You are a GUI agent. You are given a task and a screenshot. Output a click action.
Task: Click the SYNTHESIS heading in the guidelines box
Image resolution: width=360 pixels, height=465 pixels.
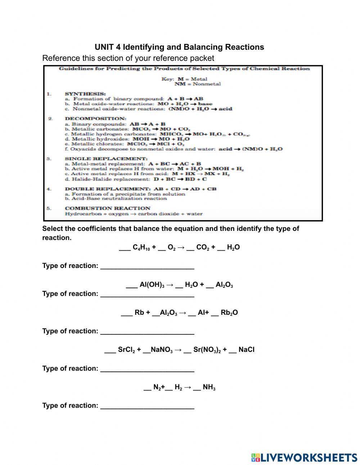(85, 94)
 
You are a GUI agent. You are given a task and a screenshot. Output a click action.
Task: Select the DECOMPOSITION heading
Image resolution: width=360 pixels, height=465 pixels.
(95, 119)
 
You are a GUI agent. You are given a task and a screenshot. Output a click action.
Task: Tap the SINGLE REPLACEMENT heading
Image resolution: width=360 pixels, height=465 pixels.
(106, 158)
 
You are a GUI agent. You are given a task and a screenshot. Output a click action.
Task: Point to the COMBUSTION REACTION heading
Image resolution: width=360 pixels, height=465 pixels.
(108, 208)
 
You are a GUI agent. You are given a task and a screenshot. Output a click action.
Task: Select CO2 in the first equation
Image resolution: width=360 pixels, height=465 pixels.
(203, 247)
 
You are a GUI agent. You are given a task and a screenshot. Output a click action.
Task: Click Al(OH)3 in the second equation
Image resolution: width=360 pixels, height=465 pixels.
(152, 285)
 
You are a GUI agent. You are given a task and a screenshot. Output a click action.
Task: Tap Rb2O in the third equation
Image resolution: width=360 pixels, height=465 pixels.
(229, 313)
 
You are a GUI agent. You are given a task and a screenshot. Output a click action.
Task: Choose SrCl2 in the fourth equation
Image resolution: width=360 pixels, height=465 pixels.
(126, 350)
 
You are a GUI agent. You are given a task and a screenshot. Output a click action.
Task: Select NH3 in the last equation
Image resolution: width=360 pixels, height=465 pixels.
(209, 387)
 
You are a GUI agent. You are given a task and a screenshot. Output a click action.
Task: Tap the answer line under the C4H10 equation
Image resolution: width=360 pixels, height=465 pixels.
(147, 267)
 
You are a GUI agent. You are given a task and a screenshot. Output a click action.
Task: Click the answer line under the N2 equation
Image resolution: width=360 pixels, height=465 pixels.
(147, 407)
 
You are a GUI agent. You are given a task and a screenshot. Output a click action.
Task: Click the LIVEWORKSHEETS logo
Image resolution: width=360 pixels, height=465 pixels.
(304, 457)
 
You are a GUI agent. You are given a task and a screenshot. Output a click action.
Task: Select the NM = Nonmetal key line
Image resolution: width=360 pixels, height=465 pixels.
(197, 84)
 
